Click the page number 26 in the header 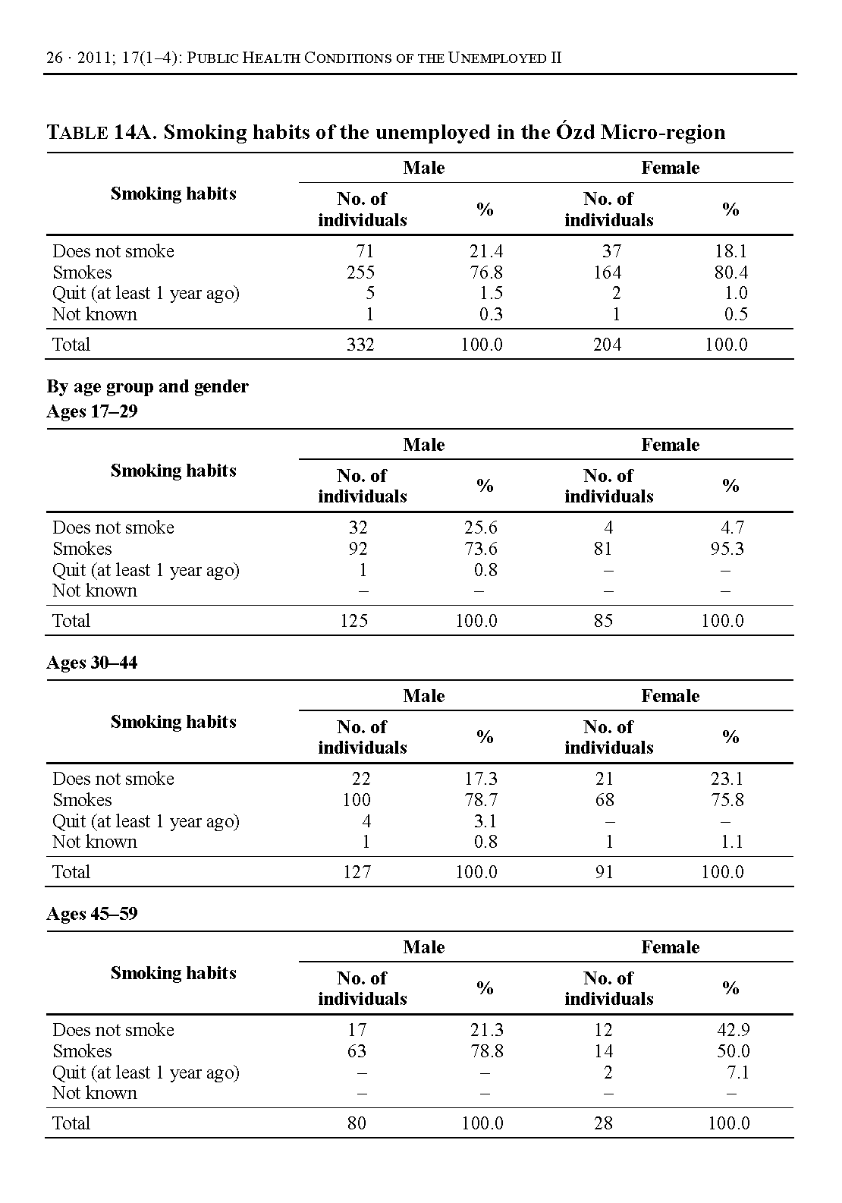pos(55,58)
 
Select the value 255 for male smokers pos(360,272)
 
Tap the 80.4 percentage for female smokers pos(730,272)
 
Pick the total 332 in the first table pos(360,345)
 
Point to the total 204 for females pos(607,345)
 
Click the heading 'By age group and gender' pos(147,387)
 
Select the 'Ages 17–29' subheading pos(92,411)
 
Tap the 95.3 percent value pos(727,549)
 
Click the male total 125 pos(354,621)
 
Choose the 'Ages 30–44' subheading pos(92,663)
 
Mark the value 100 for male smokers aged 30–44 pos(356,800)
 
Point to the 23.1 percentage pos(727,779)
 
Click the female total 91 pos(604,872)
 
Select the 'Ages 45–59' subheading pos(92,914)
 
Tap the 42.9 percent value pos(733,1030)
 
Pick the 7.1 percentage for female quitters pos(737,1072)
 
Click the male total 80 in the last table pos(357,1123)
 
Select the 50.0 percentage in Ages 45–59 pos(733,1051)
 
